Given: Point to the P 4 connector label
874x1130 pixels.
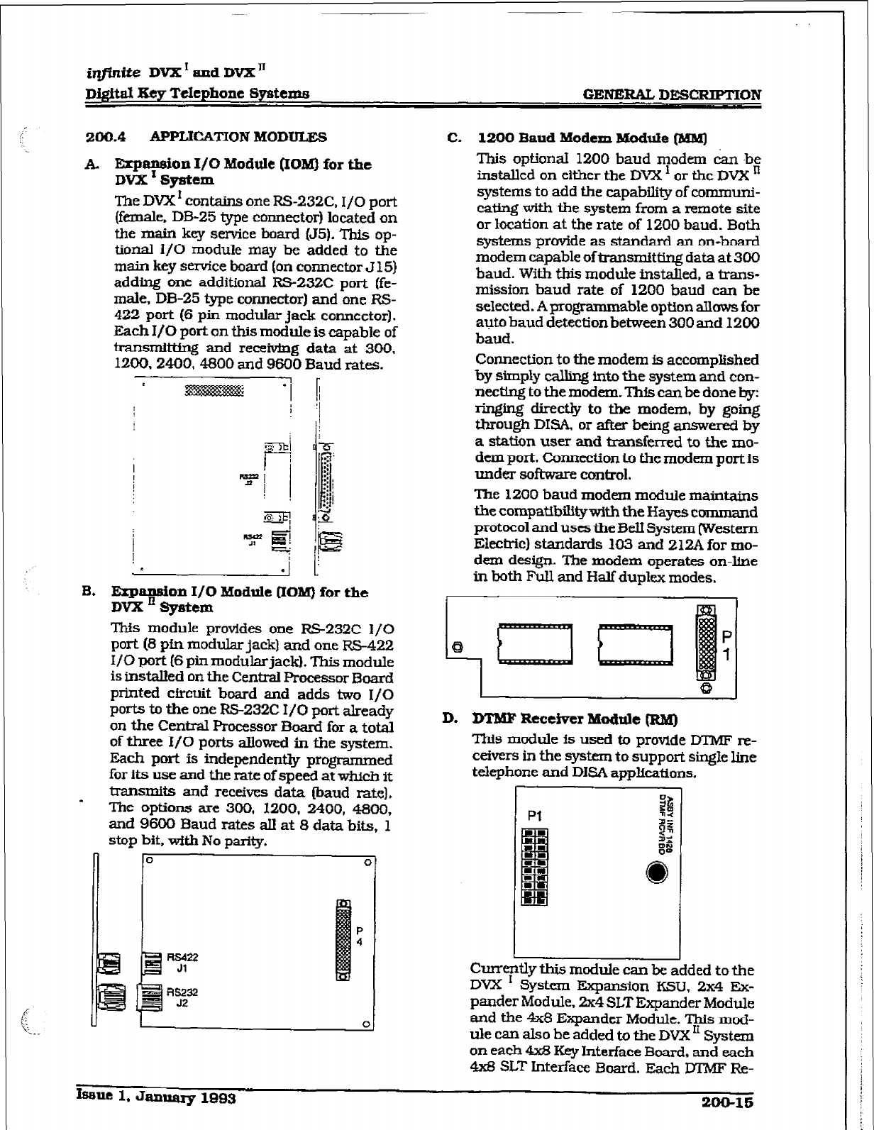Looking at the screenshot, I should (360, 936).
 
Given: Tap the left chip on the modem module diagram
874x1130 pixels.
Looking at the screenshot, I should (536, 644).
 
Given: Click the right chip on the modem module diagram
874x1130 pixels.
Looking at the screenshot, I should (635, 644).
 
